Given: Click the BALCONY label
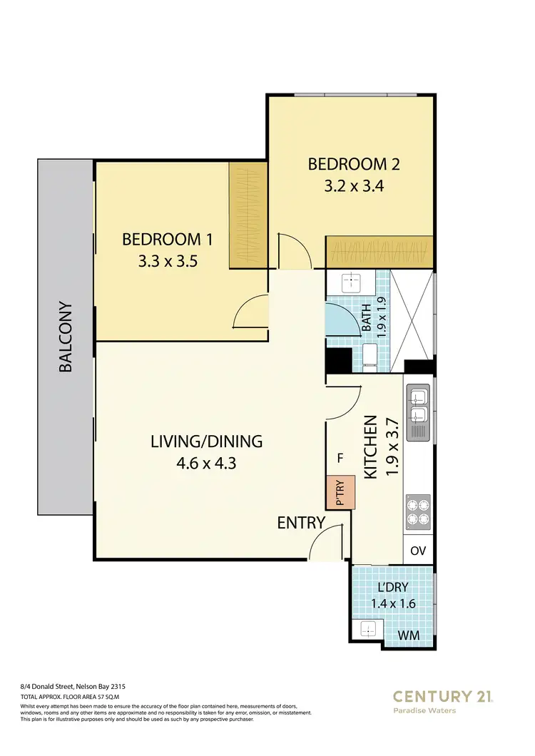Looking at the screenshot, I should click(x=66, y=336).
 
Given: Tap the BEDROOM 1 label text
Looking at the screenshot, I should click(x=167, y=239).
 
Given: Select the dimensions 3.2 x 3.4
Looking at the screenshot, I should click(x=353, y=188).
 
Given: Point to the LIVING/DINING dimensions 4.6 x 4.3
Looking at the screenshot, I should click(x=206, y=463).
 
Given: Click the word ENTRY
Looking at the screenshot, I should click(x=301, y=523).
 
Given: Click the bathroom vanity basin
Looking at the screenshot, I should click(x=353, y=283).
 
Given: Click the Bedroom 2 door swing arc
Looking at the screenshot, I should click(x=292, y=251).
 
